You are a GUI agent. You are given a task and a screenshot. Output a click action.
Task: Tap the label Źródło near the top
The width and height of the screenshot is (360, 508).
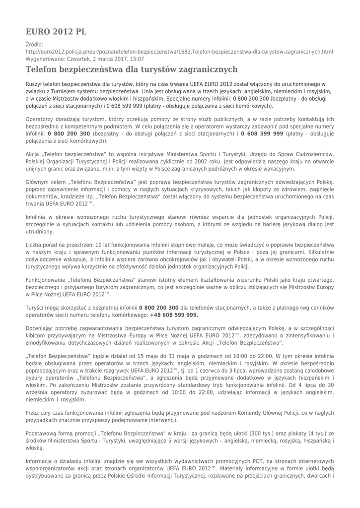[x=35, y=45]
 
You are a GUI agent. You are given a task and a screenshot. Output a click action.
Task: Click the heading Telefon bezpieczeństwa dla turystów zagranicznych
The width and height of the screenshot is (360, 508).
[x=132, y=69]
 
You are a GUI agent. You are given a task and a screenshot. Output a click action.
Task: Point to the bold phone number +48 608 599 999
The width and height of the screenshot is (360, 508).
[x=174, y=315]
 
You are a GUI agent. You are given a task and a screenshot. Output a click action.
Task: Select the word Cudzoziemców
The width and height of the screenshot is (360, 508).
[x=309, y=154]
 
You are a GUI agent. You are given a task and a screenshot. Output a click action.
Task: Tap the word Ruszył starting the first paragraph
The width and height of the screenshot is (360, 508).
[x=36, y=84]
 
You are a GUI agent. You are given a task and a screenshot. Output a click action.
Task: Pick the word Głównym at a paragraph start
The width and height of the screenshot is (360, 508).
[x=38, y=182]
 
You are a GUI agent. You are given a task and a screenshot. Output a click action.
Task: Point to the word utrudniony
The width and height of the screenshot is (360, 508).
[x=40, y=231]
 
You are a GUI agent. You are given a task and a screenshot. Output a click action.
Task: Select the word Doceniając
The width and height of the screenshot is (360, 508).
[x=43, y=329]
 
